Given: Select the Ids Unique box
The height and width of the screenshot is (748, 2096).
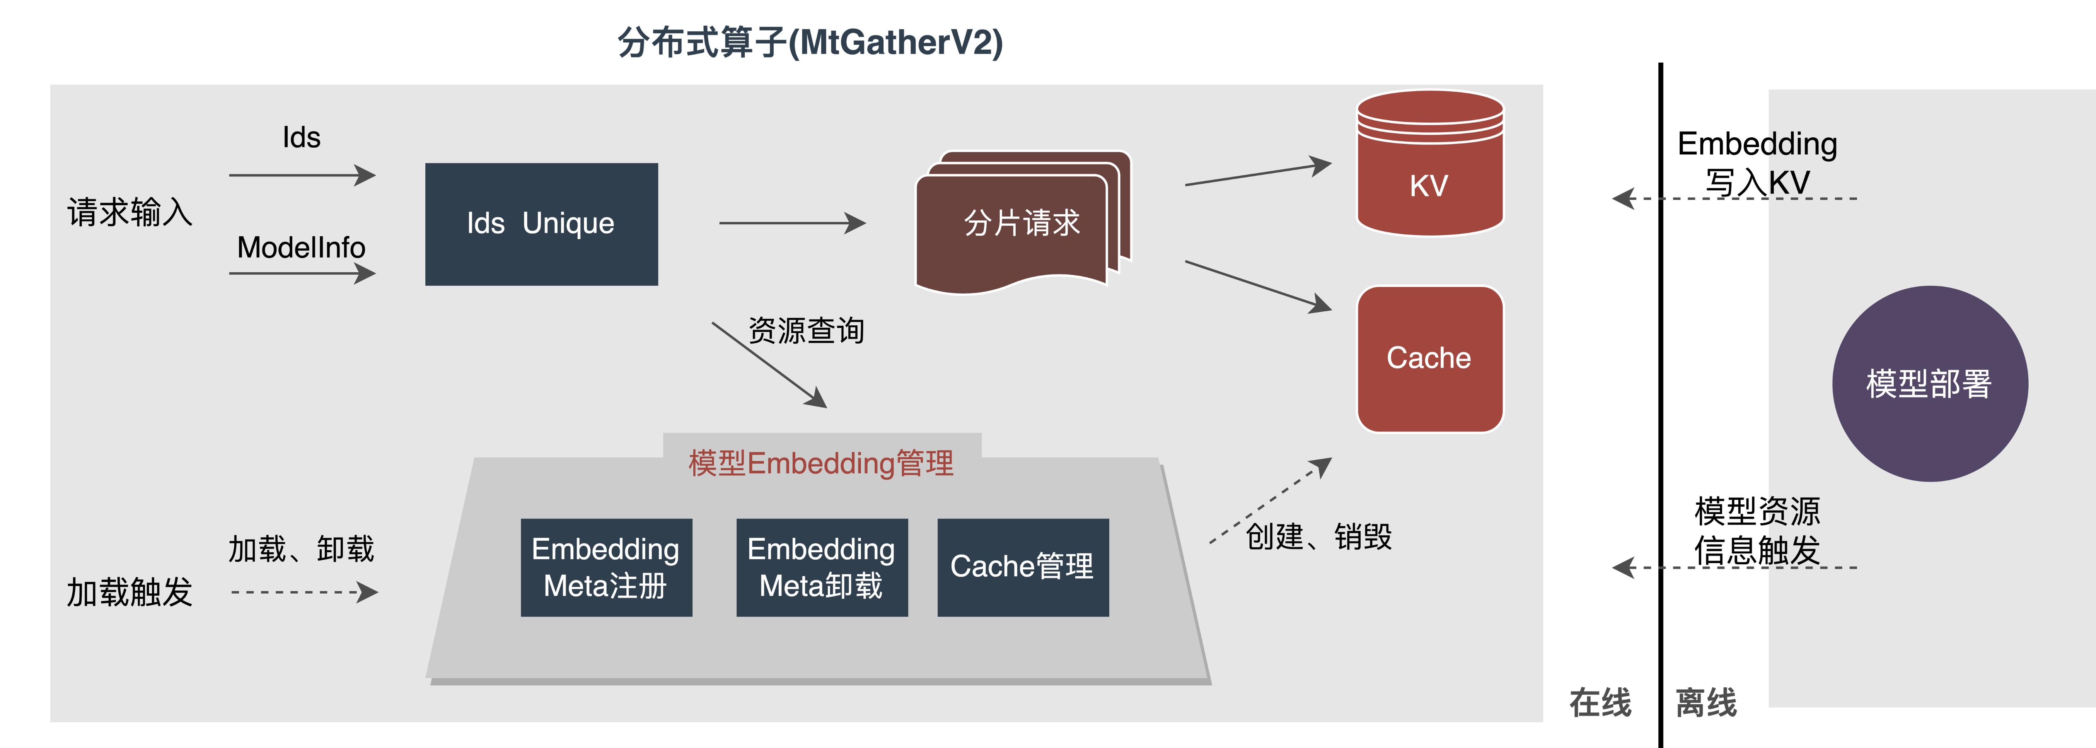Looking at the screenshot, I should (x=541, y=224).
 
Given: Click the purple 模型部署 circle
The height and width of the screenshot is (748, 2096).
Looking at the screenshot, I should (x=1929, y=383).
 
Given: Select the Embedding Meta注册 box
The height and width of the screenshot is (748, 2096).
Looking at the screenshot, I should (x=606, y=567).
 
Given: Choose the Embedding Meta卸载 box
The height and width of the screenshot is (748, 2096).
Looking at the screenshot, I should (x=822, y=567).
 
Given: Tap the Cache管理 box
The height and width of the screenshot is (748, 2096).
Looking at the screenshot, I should (x=1023, y=567).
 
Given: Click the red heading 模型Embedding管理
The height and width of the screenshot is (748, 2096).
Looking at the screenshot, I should (x=821, y=463).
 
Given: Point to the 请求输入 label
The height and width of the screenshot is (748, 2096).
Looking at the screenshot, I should (x=130, y=212).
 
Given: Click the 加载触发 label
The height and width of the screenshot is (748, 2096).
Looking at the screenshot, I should (x=130, y=592).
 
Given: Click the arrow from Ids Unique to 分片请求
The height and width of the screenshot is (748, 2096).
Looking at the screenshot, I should (x=792, y=223).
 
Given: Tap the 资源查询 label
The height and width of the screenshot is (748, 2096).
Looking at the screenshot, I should (x=805, y=330).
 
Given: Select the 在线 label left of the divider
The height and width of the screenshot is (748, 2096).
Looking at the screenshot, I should (x=1600, y=702).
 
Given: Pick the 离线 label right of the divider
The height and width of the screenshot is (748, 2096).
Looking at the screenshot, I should (x=1706, y=702).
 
